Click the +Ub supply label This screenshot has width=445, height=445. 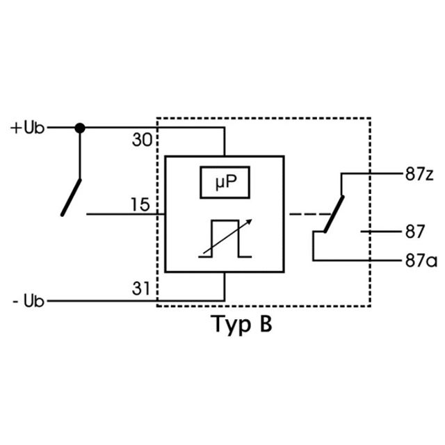(x=28, y=128)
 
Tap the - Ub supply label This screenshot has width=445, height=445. (x=29, y=301)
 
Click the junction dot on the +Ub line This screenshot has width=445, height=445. (x=80, y=128)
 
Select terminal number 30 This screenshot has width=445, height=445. (x=142, y=140)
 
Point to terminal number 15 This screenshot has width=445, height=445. (x=140, y=204)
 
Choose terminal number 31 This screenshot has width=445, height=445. (x=141, y=289)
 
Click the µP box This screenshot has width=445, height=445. (x=225, y=182)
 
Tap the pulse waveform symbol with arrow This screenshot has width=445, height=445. (x=225, y=238)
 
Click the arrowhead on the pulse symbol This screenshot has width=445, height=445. (x=249, y=222)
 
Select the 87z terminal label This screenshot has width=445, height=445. (x=419, y=174)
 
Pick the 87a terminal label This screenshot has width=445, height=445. (x=421, y=261)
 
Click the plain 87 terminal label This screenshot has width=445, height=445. (x=415, y=232)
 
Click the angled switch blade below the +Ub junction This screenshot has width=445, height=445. (x=71, y=197)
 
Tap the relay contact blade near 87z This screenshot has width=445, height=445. (x=334, y=214)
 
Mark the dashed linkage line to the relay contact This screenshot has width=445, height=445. (x=310, y=214)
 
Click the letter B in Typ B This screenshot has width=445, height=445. (x=266, y=323)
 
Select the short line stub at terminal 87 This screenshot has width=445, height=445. (x=380, y=232)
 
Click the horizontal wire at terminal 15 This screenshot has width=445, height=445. (x=126, y=214)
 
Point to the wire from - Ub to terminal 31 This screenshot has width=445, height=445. (x=136, y=301)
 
